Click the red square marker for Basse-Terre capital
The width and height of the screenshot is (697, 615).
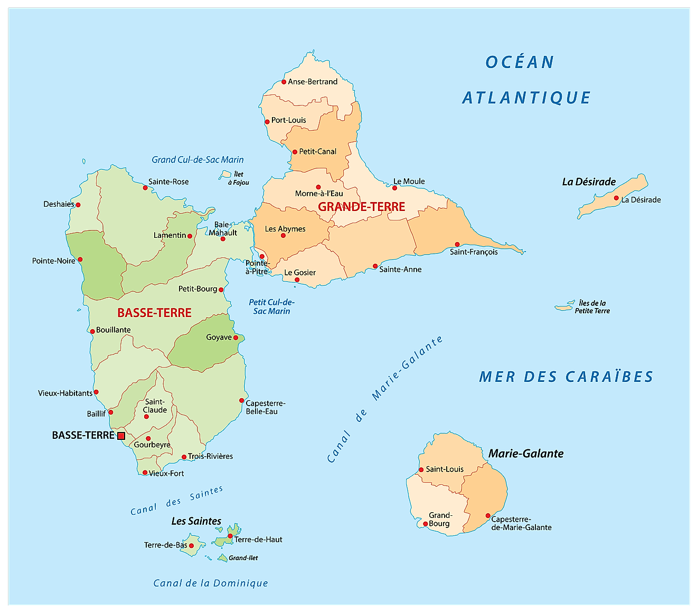point(121,436)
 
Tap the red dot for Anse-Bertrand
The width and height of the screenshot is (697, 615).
point(284,82)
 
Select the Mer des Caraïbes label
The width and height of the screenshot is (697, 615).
point(566,377)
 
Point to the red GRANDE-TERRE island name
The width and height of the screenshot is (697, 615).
point(362,207)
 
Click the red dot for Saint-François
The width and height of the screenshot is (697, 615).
point(457,244)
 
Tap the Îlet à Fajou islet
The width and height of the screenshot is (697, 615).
point(226,174)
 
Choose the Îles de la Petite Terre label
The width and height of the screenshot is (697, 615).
point(592,307)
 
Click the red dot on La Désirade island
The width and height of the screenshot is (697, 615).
point(616,198)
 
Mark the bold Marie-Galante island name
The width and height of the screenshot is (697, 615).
point(526,454)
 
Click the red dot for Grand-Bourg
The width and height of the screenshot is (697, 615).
point(426,524)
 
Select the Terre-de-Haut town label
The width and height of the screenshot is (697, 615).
point(258,540)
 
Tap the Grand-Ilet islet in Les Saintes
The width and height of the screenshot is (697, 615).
point(222,558)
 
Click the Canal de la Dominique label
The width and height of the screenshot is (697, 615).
point(211,583)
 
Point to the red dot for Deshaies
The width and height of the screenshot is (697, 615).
point(78,205)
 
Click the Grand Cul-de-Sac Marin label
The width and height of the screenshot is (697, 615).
point(197,159)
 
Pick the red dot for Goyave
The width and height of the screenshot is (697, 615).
point(236,338)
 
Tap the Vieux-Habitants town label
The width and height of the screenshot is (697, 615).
point(65,393)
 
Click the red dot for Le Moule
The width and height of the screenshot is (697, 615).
point(394,188)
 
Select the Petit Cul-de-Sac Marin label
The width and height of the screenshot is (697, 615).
point(271,306)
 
